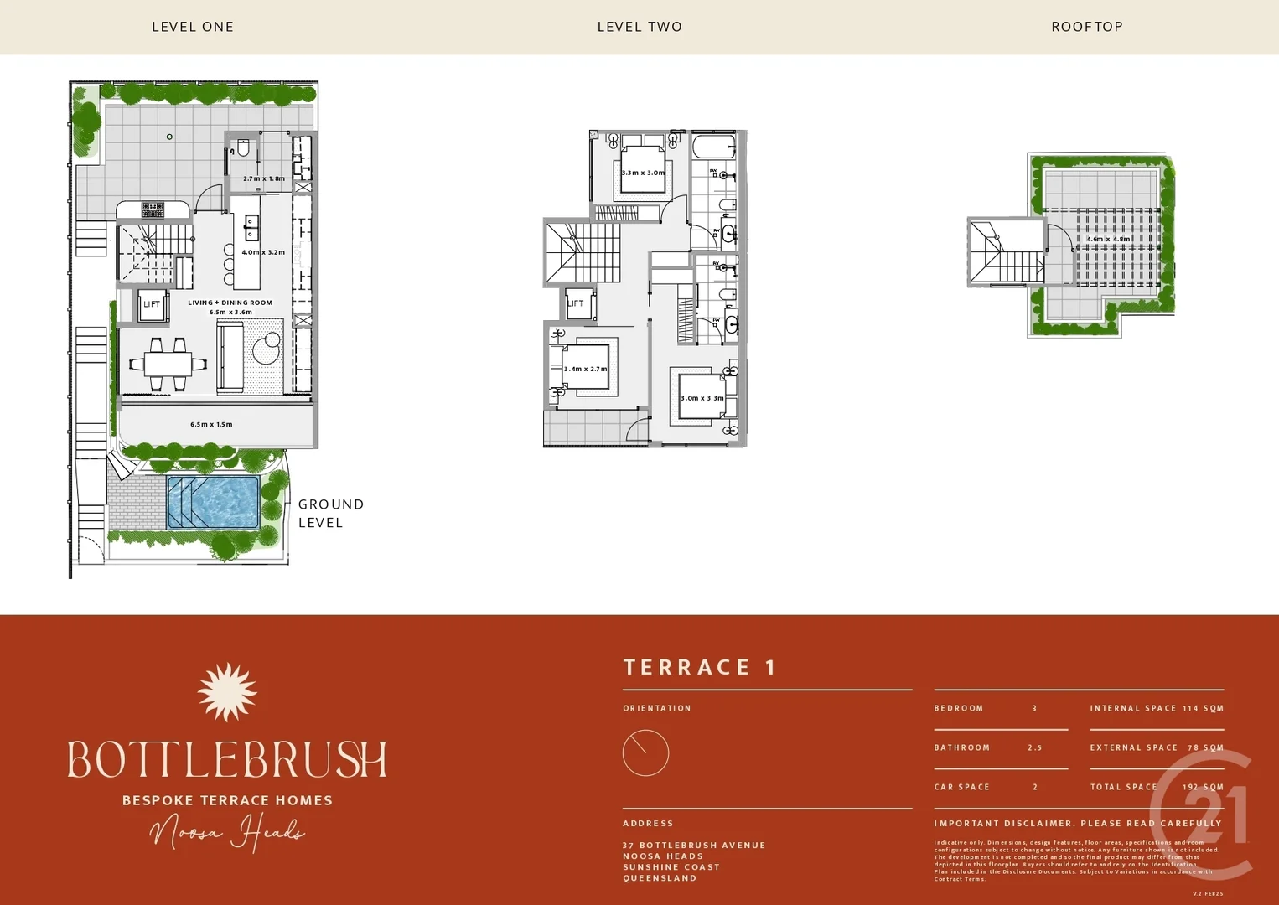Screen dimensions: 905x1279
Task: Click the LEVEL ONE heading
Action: (193, 27)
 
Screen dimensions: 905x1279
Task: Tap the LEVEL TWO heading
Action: (639, 27)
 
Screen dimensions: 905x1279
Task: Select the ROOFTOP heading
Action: (1087, 27)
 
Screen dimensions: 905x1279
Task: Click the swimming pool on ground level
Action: (213, 502)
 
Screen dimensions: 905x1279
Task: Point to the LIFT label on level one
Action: (152, 304)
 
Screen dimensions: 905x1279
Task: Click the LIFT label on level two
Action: (576, 303)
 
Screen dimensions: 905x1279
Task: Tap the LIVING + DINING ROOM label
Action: (230, 303)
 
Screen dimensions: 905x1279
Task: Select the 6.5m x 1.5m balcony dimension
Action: (211, 425)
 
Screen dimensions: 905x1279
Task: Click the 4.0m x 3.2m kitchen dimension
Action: (263, 252)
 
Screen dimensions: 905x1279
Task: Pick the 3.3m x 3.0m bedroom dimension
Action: (643, 173)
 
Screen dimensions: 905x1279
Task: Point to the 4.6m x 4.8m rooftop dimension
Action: (1108, 240)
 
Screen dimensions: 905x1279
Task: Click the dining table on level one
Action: (168, 364)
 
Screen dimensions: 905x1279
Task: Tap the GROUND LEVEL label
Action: (330, 513)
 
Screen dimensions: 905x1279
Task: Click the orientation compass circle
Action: (645, 752)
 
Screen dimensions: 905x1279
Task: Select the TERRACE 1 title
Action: (700, 667)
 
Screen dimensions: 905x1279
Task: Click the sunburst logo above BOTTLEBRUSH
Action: (227, 692)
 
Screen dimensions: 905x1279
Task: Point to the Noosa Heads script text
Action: (226, 833)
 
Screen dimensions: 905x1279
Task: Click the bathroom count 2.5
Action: (1034, 747)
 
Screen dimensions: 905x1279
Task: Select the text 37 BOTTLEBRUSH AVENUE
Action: (694, 846)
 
